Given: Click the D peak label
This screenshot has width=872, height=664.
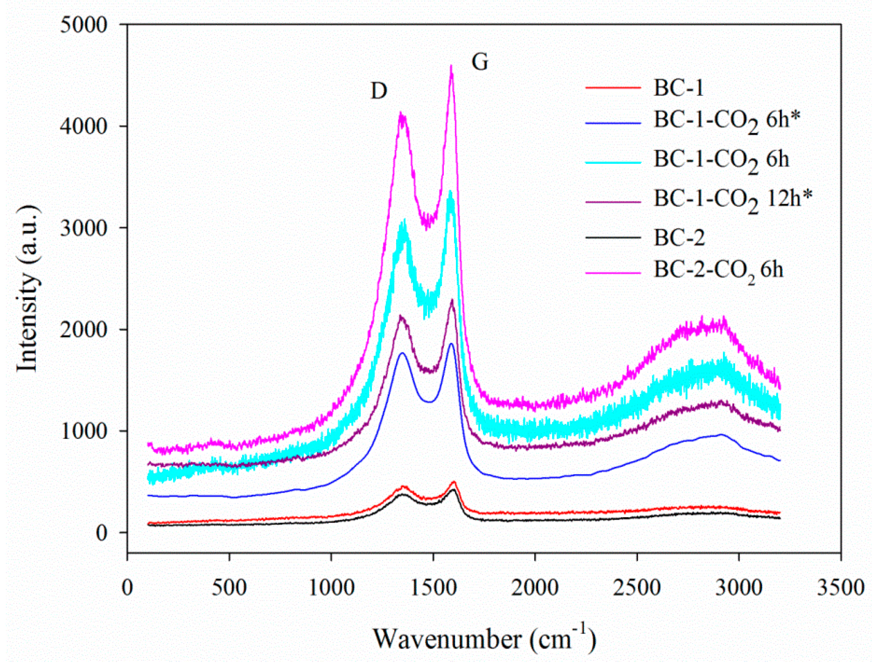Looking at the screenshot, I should pyautogui.click(x=379, y=91).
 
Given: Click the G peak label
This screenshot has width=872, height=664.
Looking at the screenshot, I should pyautogui.click(x=480, y=63).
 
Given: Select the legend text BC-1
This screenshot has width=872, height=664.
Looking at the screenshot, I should pyautogui.click(x=679, y=87).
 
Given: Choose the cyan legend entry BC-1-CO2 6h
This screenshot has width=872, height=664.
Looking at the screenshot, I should pyautogui.click(x=721, y=160).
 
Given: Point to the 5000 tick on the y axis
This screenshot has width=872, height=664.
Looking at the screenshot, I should pyautogui.click(x=83, y=25).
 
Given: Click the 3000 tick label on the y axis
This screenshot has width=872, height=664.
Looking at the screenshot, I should pyautogui.click(x=83, y=229).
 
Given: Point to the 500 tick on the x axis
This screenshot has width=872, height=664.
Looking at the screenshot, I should pyautogui.click(x=229, y=588).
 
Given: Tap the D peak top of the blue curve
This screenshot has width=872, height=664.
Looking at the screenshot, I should pyautogui.click(x=402, y=353).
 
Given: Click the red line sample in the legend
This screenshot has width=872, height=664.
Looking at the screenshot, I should pyautogui.click(x=613, y=87).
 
